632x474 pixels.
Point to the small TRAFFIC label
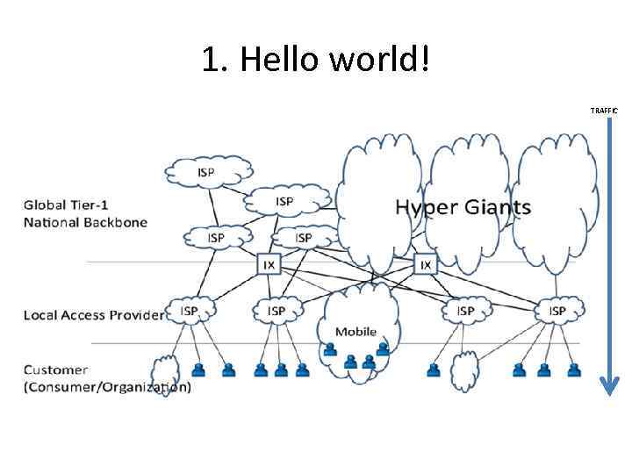[x=604, y=111]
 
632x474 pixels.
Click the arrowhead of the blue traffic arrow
[x=609, y=384]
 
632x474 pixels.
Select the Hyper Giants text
[x=463, y=208]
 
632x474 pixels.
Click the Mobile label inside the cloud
[x=355, y=332]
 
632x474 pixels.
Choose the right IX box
[x=426, y=263]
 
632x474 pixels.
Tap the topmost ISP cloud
[x=207, y=171]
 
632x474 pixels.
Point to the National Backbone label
[x=85, y=222]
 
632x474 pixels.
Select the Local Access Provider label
[x=93, y=314]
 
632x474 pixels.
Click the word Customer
[x=55, y=370]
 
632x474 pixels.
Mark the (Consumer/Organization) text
[x=106, y=386]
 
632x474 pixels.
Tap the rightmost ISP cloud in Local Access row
[x=557, y=311]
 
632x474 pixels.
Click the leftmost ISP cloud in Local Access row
[x=190, y=311]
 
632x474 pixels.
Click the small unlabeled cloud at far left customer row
[x=165, y=372]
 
